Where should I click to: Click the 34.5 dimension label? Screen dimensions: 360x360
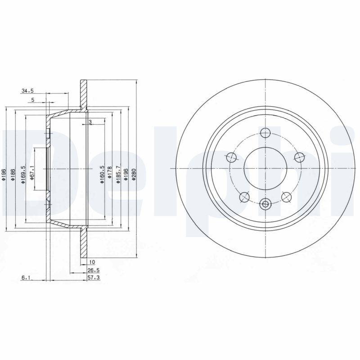pos(27,91)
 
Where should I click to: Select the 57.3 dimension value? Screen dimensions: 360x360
pos(94,278)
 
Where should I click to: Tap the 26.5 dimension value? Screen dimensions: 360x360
pos(94,270)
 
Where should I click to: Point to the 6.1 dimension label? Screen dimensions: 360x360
pos(26,278)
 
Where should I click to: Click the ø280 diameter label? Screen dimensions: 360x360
pos(134,175)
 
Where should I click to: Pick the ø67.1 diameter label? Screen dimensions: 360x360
pos(32,172)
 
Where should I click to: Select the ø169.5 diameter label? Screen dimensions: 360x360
pos(23,175)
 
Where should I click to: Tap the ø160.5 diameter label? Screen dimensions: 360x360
pos(102,175)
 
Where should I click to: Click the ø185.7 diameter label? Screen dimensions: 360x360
pos(118,175)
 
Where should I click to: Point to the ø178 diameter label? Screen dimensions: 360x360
pos(109,174)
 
